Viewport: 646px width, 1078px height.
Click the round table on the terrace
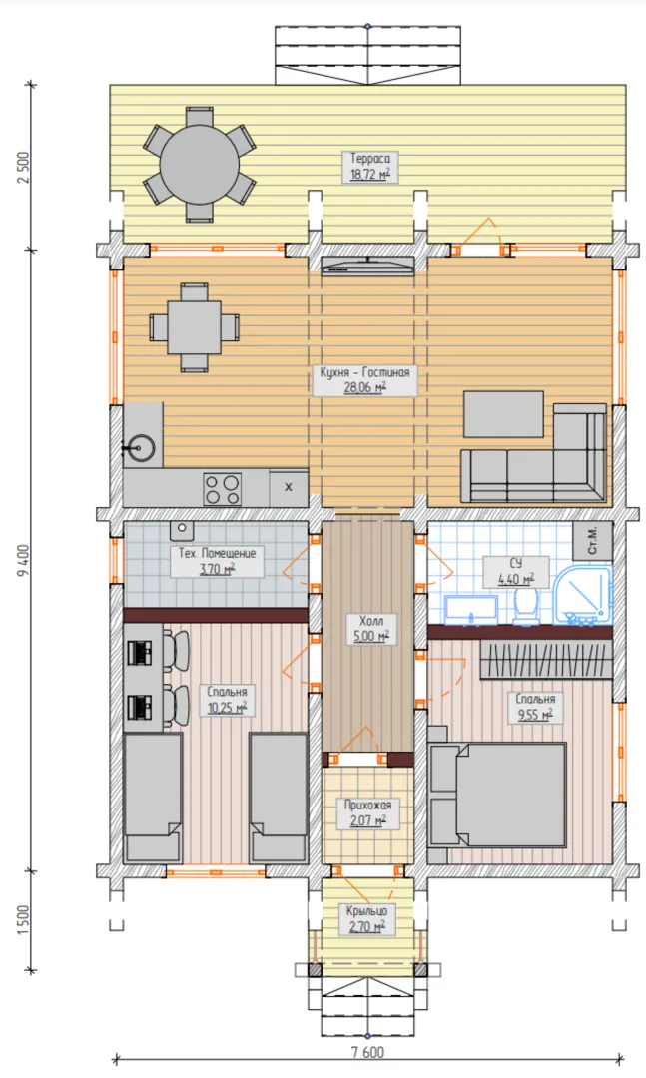click(x=200, y=165)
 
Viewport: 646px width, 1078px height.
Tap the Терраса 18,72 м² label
click(x=370, y=167)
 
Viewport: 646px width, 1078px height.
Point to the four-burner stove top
click(x=222, y=489)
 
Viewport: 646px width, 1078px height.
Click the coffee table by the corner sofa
click(x=503, y=414)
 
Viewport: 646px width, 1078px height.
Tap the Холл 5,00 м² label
click(x=371, y=629)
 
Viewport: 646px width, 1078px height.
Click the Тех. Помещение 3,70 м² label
click(x=218, y=560)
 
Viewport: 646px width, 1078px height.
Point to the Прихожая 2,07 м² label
click(x=368, y=812)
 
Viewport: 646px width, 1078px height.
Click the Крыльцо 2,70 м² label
click(x=366, y=918)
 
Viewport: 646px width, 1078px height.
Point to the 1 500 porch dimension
click(x=25, y=920)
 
